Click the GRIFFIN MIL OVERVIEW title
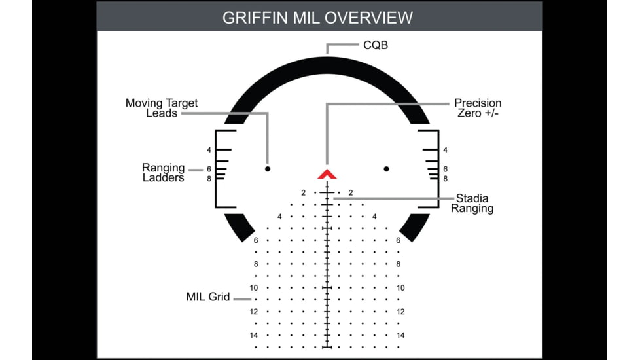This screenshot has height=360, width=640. click(x=318, y=17)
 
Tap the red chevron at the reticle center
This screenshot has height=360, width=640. click(x=327, y=174)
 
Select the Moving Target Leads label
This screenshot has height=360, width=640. click(x=162, y=108)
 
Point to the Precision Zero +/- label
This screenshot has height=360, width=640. click(x=478, y=108)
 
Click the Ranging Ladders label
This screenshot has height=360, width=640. click(x=164, y=173)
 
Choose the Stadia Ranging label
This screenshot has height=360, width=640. click(x=472, y=204)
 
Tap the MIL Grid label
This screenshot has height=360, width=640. click(x=208, y=297)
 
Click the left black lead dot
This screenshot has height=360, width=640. click(x=268, y=169)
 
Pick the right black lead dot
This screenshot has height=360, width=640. click(x=386, y=169)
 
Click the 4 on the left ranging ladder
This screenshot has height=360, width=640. click(x=208, y=150)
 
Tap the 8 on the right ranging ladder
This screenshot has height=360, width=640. click(x=446, y=178)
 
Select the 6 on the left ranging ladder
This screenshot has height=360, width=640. click(x=208, y=169)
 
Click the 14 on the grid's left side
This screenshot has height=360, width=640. click(x=254, y=335)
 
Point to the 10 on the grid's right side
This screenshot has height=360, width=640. click(x=400, y=288)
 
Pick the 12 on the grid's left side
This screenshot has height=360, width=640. click(x=254, y=312)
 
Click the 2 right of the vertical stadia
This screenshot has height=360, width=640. click(x=351, y=193)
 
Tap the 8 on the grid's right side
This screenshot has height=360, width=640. click(x=398, y=264)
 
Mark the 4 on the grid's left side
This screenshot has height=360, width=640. click(x=279, y=217)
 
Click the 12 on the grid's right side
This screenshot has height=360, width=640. click(x=400, y=312)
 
